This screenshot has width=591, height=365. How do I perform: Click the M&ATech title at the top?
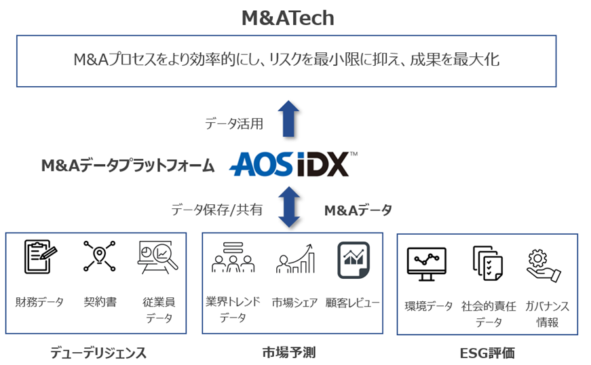click(x=288, y=18)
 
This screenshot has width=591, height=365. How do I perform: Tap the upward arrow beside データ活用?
click(x=289, y=119)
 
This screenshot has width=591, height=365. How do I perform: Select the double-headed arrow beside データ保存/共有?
click(x=290, y=207)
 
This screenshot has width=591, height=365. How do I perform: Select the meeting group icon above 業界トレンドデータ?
click(x=232, y=258)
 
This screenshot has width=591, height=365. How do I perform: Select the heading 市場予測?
click(x=288, y=352)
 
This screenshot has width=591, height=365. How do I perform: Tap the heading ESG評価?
click(x=487, y=353)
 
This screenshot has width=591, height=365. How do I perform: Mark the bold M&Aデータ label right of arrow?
click(x=358, y=210)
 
